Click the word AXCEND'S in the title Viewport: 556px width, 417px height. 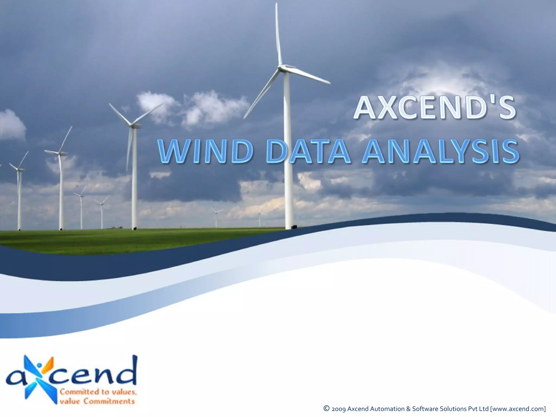(x=434, y=108)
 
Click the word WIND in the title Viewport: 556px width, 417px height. (x=205, y=151)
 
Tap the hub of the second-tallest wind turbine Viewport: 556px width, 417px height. (x=132, y=125)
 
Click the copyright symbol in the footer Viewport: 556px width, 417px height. (x=327, y=408)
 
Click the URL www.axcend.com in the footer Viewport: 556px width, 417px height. (x=518, y=409)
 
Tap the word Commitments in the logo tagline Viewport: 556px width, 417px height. (x=109, y=401)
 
